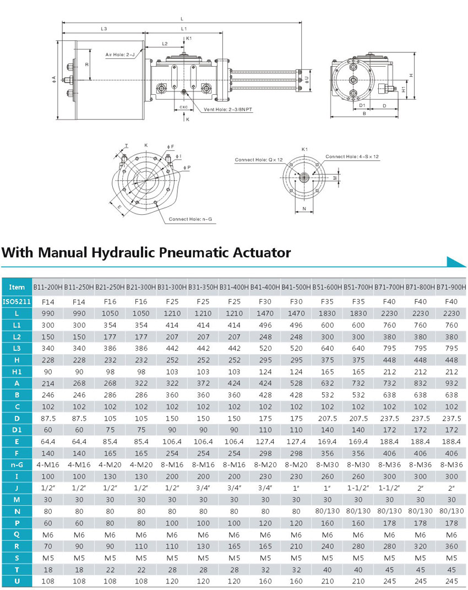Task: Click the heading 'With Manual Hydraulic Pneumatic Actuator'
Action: pyautogui.click(x=145, y=253)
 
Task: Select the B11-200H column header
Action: pyautogui.click(x=48, y=287)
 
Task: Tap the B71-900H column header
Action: pyautogui.click(x=451, y=287)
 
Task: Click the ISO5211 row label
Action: pyautogui.click(x=17, y=301)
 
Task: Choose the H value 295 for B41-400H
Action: pyautogui.click(x=265, y=359)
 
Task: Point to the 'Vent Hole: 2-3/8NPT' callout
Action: pyautogui.click(x=227, y=110)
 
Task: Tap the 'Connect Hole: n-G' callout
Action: pyautogui.click(x=190, y=219)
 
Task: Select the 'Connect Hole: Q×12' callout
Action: pyautogui.click(x=258, y=160)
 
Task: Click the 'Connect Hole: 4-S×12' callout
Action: pyautogui.click(x=352, y=156)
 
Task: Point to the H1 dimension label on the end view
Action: pyautogui.click(x=404, y=88)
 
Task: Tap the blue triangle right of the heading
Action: pyautogui.click(x=456, y=262)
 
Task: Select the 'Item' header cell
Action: pyautogui.click(x=17, y=287)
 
